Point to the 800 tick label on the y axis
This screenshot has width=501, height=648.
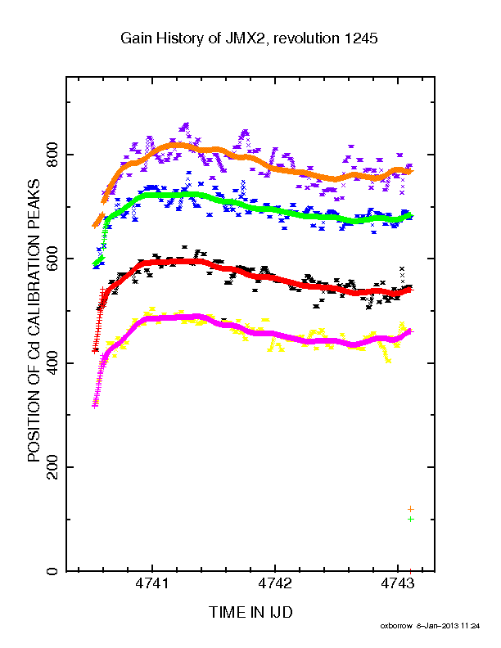[x=52, y=154]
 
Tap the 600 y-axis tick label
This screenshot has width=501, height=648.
[x=52, y=259]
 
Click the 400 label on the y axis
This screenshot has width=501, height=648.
[x=52, y=362]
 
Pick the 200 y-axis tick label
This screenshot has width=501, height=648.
[x=52, y=467]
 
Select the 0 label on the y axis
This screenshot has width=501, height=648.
[x=52, y=571]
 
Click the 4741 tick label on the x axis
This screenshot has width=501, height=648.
[x=152, y=583]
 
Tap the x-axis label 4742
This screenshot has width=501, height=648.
[x=275, y=583]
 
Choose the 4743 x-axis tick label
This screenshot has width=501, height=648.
[x=398, y=583]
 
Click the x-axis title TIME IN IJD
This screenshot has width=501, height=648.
[x=250, y=612]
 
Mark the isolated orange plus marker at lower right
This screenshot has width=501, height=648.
[x=410, y=509]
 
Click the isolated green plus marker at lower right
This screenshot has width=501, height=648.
[x=410, y=519]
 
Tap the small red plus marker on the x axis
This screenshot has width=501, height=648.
[x=410, y=571]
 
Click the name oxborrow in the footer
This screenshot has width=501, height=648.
[x=396, y=626]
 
